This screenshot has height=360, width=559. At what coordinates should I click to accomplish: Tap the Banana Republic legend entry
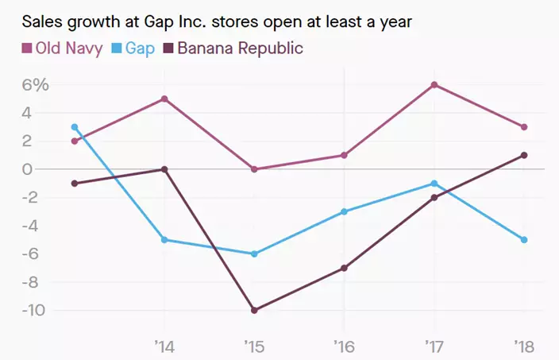point(235,48)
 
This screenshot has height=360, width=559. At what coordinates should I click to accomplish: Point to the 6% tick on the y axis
point(36,85)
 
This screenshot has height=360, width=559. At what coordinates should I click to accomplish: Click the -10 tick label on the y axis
point(35,310)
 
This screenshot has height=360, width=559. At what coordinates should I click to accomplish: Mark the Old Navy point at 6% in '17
point(434,85)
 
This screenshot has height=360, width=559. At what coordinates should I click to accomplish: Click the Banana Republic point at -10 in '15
point(254,310)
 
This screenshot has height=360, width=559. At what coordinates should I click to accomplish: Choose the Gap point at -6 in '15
point(254,254)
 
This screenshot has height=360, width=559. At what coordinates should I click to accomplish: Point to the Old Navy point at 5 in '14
point(164,99)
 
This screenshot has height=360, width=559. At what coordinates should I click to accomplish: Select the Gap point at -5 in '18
point(524,239)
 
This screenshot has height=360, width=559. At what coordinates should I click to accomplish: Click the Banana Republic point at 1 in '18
point(524,155)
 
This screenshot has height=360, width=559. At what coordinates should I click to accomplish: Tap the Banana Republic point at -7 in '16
point(344,268)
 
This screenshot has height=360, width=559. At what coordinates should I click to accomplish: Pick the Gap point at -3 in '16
point(344,211)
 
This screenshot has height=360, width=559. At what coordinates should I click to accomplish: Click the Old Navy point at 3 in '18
point(524,127)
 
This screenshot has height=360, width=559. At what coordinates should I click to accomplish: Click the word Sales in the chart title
point(40,19)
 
